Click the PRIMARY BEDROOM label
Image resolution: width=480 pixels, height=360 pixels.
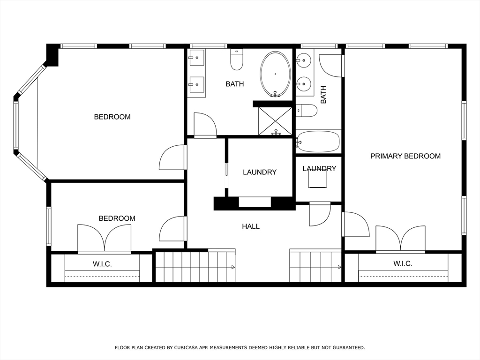click(405, 156)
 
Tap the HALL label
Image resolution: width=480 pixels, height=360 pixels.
click(251, 226)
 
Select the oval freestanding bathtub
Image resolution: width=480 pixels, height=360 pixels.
click(275, 74)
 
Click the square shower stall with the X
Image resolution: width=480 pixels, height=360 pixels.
click(275, 121)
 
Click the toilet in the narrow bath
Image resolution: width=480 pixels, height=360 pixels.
click(307, 111)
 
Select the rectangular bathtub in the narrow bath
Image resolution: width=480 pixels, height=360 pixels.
click(318, 141)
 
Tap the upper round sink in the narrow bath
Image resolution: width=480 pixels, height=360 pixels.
click(305, 60)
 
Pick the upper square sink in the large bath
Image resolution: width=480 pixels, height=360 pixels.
click(196, 59)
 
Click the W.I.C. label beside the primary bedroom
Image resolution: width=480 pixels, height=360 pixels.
click(403, 264)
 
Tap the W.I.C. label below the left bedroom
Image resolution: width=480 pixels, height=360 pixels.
click(102, 264)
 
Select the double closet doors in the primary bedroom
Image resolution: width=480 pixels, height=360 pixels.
click(400, 239)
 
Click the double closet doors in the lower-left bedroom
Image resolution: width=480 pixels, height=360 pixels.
click(104, 239)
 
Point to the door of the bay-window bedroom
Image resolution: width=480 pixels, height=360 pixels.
click(172, 158)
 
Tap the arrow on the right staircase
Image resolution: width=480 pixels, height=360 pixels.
click(338, 267)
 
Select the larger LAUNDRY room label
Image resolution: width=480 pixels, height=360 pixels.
click(260, 172)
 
